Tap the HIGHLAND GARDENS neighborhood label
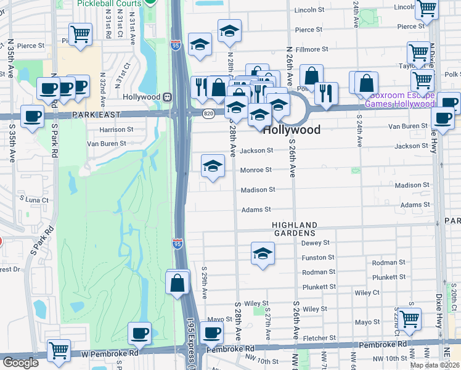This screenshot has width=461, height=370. [296, 229]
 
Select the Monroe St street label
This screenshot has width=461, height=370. [256, 170]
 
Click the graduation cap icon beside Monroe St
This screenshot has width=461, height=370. [213, 166]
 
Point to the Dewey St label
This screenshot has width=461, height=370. [316, 243]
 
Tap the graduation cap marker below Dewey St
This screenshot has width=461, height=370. [263, 253]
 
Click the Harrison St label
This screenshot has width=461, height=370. [116, 130]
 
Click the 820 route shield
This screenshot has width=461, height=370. [210, 112]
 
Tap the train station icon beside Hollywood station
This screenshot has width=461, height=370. [166, 97]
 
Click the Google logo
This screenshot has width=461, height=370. [20, 363]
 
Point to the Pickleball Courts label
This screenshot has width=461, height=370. [109, 4]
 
